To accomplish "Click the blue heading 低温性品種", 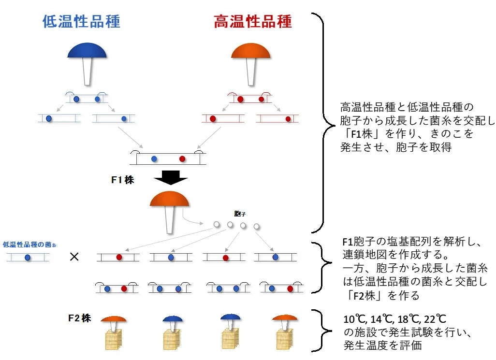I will pyautogui.click(x=81, y=22).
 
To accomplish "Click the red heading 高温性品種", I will pyautogui.click(x=253, y=22).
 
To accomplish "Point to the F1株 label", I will pyautogui.click(x=122, y=180).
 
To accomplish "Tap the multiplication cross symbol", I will pyautogui.click(x=74, y=257).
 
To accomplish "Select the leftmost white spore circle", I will pyautogui.click(x=217, y=224).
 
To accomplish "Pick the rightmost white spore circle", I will pyautogui.click(x=257, y=226).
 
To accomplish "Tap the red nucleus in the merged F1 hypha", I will pyautogui.click(x=182, y=158).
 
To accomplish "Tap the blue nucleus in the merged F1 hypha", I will pyautogui.click(x=154, y=158).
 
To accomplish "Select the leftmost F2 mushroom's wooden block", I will pyautogui.click(x=114, y=339).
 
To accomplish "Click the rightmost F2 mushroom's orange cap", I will pyautogui.click(x=284, y=318).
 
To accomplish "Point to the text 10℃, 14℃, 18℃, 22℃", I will pyautogui.click(x=394, y=320).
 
